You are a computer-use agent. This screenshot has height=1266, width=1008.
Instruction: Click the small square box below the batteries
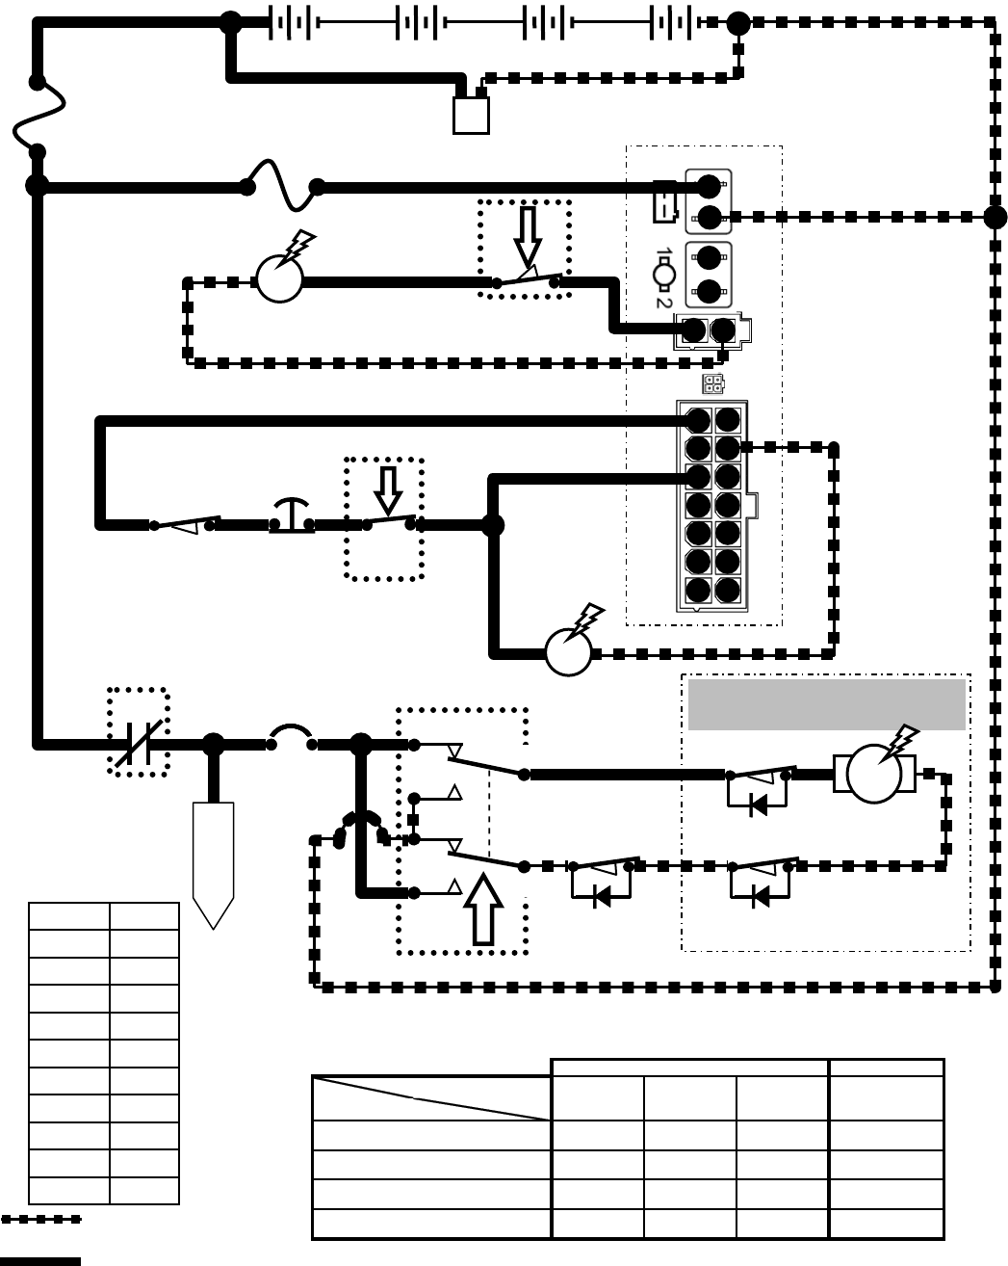pos(471,116)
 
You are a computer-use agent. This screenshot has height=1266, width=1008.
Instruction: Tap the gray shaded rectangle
pos(826,704)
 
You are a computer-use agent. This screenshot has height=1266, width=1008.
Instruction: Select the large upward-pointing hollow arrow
pos(483,910)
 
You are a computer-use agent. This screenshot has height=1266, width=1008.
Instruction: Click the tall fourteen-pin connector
pos(712,505)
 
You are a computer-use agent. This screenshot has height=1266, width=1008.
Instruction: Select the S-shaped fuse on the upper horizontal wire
pos(282,187)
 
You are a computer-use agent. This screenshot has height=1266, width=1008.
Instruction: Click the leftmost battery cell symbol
pos(290,23)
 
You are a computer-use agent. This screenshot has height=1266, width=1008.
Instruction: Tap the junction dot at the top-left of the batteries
pos(231,23)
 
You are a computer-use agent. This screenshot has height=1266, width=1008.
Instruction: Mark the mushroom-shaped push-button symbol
pos(292,514)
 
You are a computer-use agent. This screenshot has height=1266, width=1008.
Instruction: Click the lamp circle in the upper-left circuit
pos(279,279)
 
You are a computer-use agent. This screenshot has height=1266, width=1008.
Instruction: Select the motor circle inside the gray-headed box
pos(874,774)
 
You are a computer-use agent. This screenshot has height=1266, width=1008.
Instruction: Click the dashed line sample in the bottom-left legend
pos(40,1220)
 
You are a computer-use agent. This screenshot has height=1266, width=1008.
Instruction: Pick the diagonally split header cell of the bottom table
pos(431,1098)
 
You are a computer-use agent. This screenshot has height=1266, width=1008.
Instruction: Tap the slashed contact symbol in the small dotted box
pos(139,743)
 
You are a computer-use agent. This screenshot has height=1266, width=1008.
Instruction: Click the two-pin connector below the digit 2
pos(711,330)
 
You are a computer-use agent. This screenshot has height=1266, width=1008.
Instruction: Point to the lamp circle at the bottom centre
pos(568,652)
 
